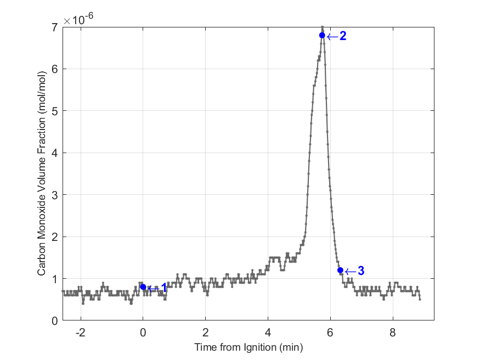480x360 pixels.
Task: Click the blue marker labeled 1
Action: [x=143, y=287]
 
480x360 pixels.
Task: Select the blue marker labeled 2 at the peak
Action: [x=322, y=36]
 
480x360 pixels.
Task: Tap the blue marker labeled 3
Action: [x=340, y=270]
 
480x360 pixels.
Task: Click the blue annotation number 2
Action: [x=343, y=36]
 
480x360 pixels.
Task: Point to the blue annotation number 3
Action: [x=361, y=271]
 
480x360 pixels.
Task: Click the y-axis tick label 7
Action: [x=55, y=27]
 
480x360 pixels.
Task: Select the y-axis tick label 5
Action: [x=55, y=111]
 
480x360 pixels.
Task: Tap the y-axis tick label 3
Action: [x=55, y=195]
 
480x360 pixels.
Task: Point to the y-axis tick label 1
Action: [x=55, y=279]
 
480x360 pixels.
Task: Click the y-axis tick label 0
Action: [x=55, y=320]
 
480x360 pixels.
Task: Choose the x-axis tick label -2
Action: [x=81, y=332]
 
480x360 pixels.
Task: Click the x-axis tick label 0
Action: [x=143, y=332]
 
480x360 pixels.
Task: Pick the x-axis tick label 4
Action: [x=268, y=332]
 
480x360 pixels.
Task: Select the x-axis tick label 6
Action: [x=330, y=332]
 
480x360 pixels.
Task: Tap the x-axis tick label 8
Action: [x=393, y=332]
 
